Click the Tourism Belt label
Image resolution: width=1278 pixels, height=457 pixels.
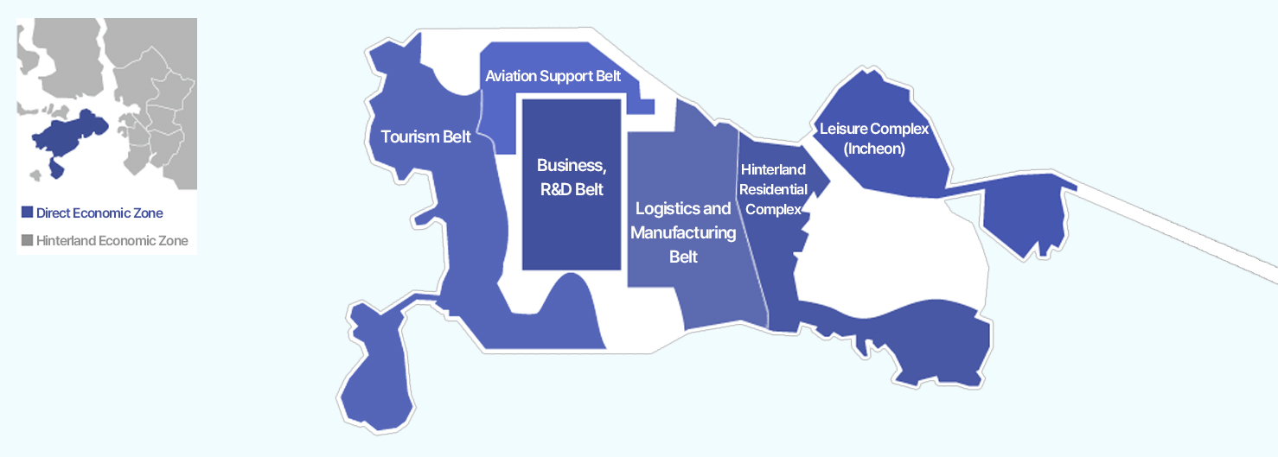pos(425,136)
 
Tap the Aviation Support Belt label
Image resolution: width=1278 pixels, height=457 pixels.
pos(553,76)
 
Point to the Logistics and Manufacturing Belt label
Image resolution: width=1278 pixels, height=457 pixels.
pos(683,232)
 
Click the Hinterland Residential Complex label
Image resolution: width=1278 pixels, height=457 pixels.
pos(773,188)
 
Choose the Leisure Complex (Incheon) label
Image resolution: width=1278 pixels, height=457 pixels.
pos(873,138)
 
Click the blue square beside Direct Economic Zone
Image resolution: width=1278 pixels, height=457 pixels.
pos(27,213)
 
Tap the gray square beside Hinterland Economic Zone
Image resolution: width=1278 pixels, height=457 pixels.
pos(27,240)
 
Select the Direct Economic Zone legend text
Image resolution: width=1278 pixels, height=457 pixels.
pos(99,213)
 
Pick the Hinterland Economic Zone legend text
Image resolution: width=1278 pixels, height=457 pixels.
pos(112,240)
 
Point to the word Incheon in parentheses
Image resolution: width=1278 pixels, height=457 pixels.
pos(873,149)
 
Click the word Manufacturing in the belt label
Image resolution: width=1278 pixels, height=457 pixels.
pos(683,232)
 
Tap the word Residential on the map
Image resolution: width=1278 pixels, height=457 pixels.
pos(775,189)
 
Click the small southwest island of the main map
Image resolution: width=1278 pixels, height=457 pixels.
pos(374,371)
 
